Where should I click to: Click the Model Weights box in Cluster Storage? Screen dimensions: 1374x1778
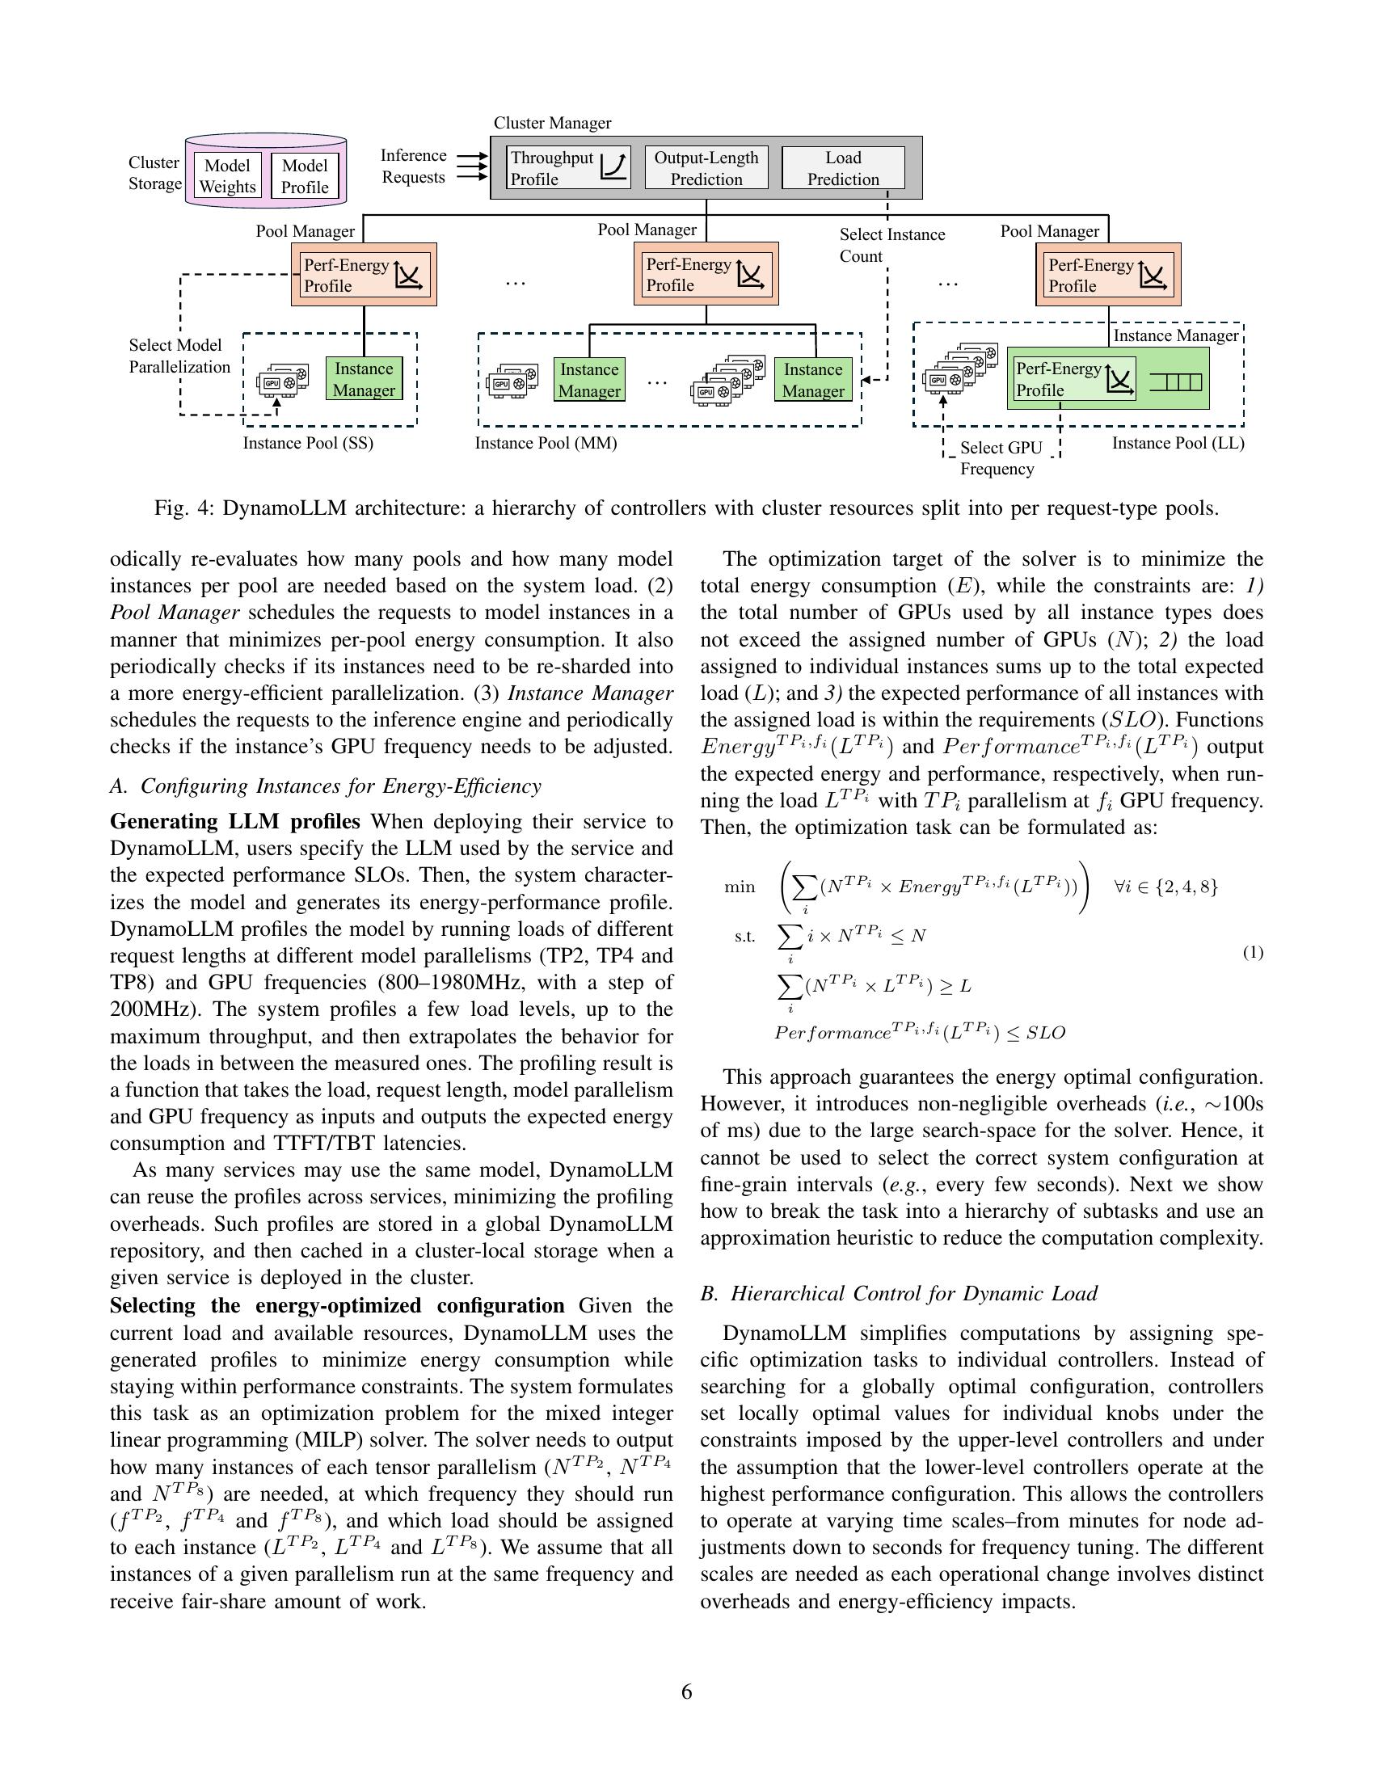pos(227,176)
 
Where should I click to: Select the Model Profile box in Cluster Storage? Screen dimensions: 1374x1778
pos(305,176)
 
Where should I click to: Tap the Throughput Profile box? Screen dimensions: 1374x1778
pos(567,168)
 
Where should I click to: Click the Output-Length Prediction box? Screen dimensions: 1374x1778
pos(706,168)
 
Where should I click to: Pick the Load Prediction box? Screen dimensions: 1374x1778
pos(842,168)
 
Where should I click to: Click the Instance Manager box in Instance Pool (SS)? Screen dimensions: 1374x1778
pos(363,378)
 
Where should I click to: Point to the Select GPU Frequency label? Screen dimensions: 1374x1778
pos(1000,457)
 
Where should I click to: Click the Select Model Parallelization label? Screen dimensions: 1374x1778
pos(179,356)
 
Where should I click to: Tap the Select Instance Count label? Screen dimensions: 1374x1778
pos(891,245)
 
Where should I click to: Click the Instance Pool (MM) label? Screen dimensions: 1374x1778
pos(546,443)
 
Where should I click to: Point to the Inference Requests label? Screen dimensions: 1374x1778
pos(413,166)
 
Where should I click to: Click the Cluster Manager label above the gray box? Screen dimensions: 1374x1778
pos(552,123)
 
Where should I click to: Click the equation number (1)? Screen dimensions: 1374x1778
pos(1252,952)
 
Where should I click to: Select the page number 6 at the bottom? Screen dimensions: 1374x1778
pos(686,1692)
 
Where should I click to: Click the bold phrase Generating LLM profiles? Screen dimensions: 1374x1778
pos(234,820)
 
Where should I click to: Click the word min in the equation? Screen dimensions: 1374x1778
pos(739,887)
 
